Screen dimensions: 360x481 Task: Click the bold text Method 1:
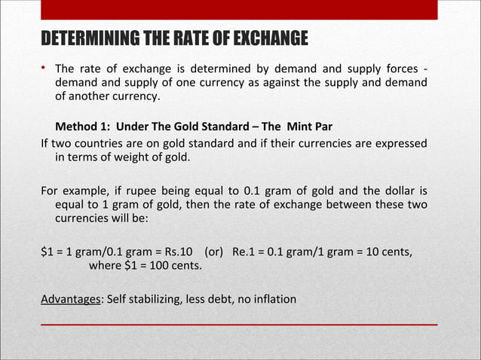[82, 125]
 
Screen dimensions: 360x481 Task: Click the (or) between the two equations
[214, 251]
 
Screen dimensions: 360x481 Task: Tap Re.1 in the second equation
[245, 251]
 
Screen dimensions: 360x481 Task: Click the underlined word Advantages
[71, 299]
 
